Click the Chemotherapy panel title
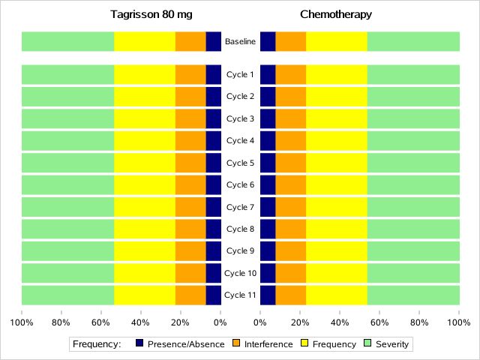[x=335, y=14]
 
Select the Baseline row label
[x=240, y=42]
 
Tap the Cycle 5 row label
[x=240, y=163]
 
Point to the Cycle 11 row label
[x=240, y=295]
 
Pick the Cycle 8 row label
[x=240, y=229]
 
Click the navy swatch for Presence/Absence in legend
[x=139, y=344]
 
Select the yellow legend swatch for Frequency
[x=304, y=344]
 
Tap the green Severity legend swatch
[x=367, y=344]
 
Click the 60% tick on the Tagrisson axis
[x=100, y=323]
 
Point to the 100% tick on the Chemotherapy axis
[x=459, y=323]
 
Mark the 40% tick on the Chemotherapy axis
[x=340, y=323]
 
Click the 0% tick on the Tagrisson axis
[x=220, y=323]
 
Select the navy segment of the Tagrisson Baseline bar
[x=214, y=42]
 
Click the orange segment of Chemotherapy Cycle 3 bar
[x=291, y=118]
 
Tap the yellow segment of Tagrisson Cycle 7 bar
[x=145, y=207]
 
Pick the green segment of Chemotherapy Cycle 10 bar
[x=413, y=273]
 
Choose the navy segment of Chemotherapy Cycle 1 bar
[x=268, y=75]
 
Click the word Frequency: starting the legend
[x=97, y=344]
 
